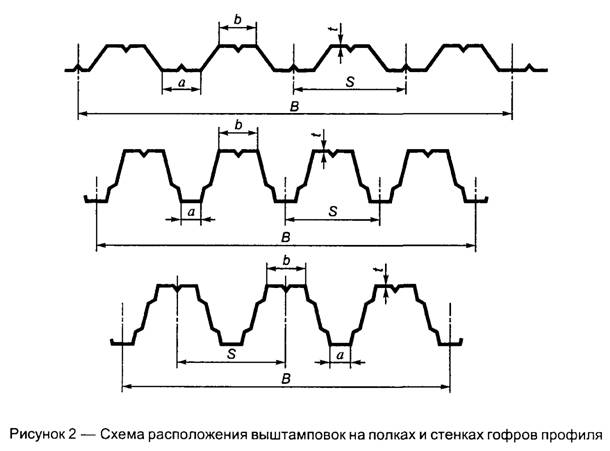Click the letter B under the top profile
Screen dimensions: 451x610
click(x=290, y=106)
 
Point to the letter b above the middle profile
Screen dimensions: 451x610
click(x=237, y=126)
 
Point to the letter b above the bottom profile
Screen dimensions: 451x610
click(x=287, y=260)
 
